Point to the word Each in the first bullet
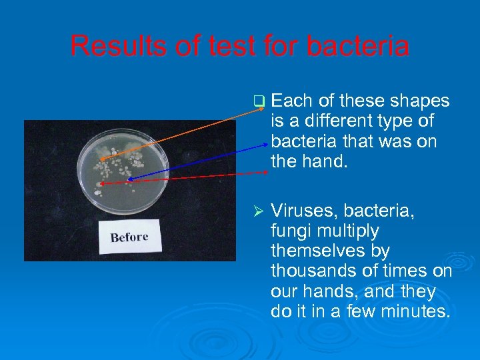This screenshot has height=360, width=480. point(293,101)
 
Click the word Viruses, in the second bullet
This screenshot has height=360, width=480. point(304,211)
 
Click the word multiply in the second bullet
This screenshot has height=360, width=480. point(355,231)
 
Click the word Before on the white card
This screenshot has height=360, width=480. point(129,237)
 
